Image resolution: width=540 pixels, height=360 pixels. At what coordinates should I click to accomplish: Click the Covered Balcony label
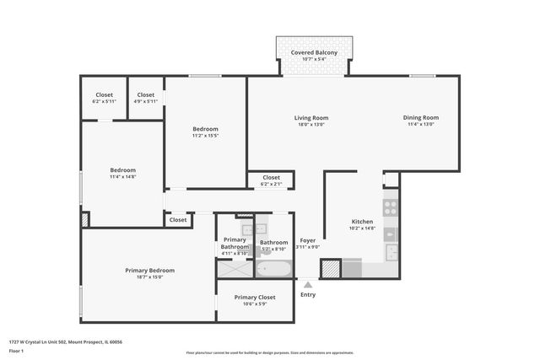click(x=314, y=52)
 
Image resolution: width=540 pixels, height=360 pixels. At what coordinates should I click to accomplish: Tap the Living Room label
click(x=310, y=117)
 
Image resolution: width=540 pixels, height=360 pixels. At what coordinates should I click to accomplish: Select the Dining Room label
click(x=420, y=117)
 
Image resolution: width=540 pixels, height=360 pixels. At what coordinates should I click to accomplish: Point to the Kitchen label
click(x=362, y=222)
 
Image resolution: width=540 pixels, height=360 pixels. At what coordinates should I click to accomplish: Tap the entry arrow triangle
click(x=308, y=285)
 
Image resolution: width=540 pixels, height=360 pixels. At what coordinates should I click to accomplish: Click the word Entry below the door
click(x=308, y=294)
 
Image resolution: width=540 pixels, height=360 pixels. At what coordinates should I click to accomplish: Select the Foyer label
click(x=308, y=240)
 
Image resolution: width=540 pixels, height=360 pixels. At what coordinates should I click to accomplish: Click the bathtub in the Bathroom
click(x=273, y=269)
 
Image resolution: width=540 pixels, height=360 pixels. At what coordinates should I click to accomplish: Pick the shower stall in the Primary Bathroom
click(x=235, y=269)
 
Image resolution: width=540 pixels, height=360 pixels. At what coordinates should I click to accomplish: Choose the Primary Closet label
click(x=255, y=297)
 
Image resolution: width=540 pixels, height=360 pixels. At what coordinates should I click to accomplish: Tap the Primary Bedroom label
click(x=149, y=270)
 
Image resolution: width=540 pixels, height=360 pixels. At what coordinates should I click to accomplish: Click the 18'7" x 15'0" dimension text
click(x=149, y=277)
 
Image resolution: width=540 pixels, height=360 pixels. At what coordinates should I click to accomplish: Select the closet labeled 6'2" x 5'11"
click(x=104, y=98)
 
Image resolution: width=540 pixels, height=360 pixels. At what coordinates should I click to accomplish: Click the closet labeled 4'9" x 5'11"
click(x=146, y=98)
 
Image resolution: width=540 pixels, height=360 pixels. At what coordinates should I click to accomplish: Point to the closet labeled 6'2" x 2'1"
click(x=271, y=180)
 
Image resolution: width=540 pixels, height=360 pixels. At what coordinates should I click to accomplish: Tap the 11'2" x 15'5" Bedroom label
click(x=205, y=132)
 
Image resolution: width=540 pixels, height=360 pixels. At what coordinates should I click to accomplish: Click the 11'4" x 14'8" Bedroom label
click(x=122, y=172)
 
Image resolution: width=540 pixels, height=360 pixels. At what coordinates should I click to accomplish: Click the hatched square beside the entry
click(x=331, y=269)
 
